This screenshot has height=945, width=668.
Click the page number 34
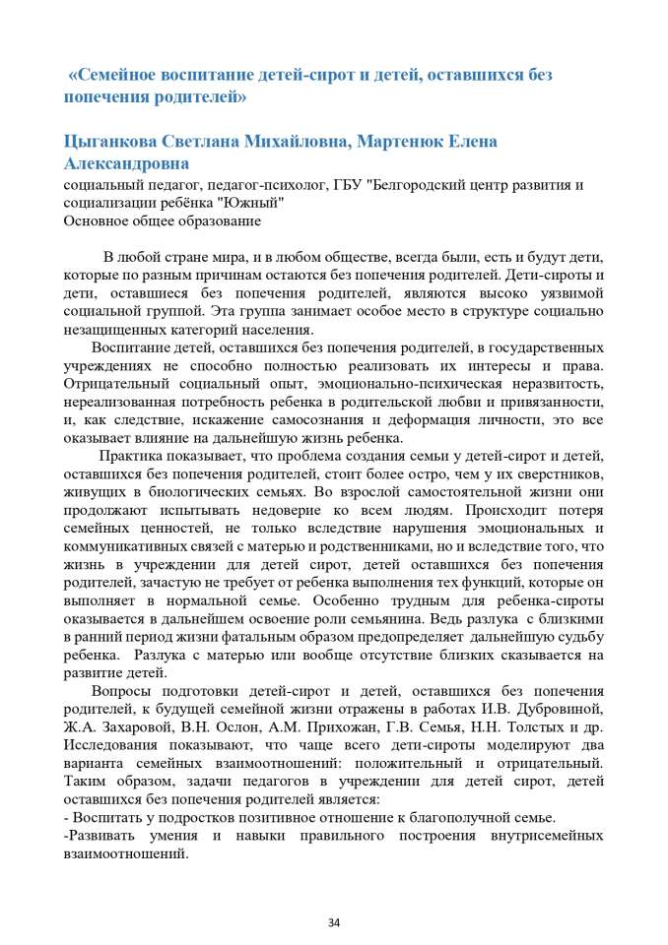click(333, 922)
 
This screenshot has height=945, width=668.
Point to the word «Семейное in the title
click(112, 75)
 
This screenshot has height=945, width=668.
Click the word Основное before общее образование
click(97, 220)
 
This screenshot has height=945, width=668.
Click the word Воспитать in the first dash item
click(103, 819)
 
